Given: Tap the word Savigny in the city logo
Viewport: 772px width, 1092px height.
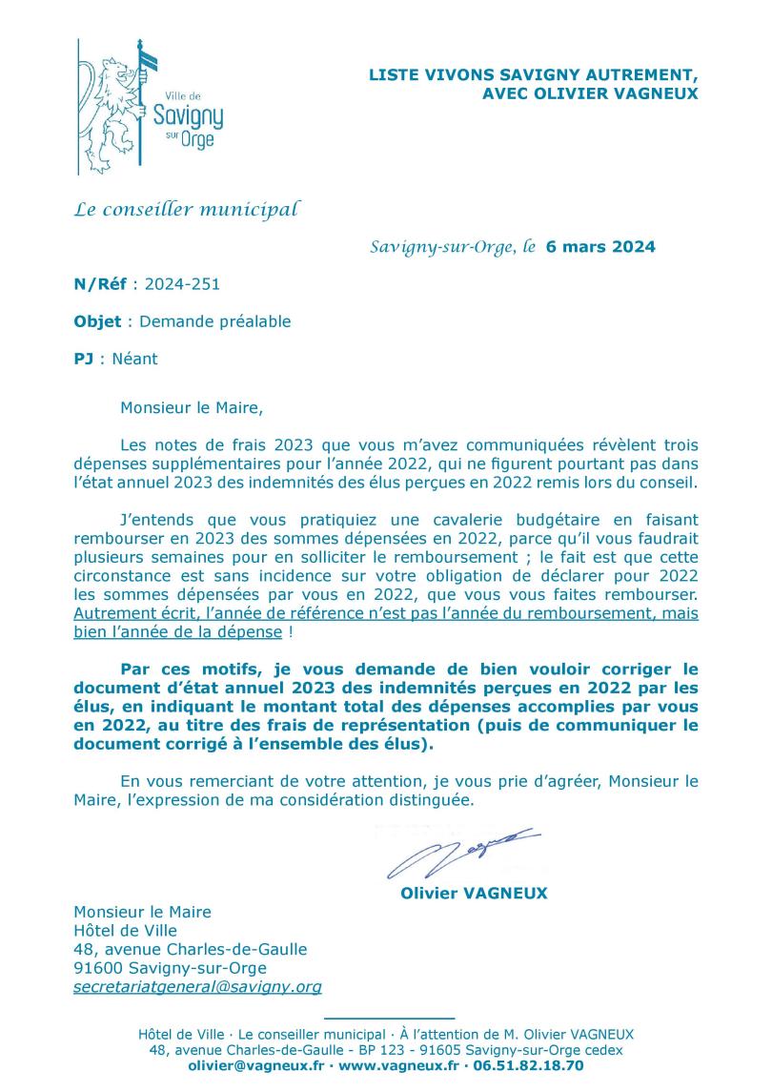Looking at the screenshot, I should point(188,117).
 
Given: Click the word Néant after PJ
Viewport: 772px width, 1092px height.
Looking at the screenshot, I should point(134,360).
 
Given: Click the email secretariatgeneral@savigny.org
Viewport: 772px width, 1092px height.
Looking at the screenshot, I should point(197,987).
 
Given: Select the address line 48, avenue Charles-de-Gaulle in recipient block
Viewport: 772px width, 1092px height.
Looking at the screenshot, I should point(190,949).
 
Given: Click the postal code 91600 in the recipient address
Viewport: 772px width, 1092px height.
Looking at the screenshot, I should point(101,968).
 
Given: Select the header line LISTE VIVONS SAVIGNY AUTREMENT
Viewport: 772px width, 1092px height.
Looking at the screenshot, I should point(533,75).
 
